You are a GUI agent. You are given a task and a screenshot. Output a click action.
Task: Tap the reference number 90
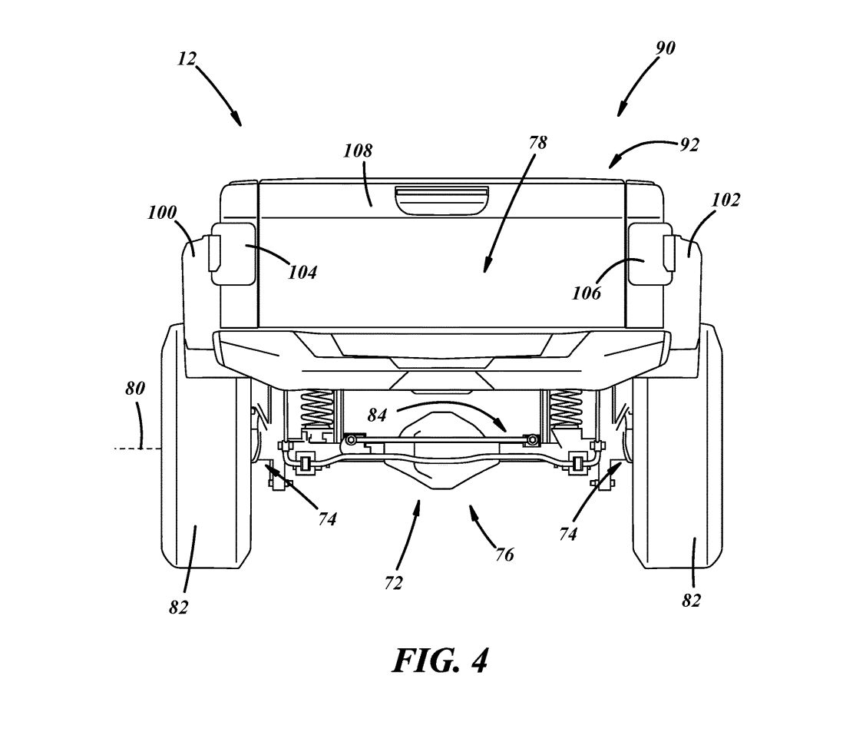pyautogui.click(x=665, y=48)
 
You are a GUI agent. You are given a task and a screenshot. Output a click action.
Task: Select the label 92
pyautogui.click(x=689, y=144)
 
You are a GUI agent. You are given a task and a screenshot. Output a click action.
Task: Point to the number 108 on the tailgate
pyautogui.click(x=358, y=151)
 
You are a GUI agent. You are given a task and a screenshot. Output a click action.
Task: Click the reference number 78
pyautogui.click(x=538, y=142)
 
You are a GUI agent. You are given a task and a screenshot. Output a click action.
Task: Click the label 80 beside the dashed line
pyautogui.click(x=134, y=388)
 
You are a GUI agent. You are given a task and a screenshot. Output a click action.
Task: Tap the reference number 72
pyautogui.click(x=392, y=583)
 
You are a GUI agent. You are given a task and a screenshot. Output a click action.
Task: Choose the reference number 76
pyautogui.click(x=504, y=554)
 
